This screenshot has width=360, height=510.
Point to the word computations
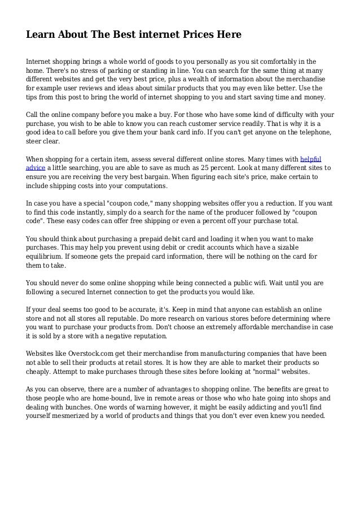click(x=143, y=186)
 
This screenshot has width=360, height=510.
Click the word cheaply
click(x=41, y=371)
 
